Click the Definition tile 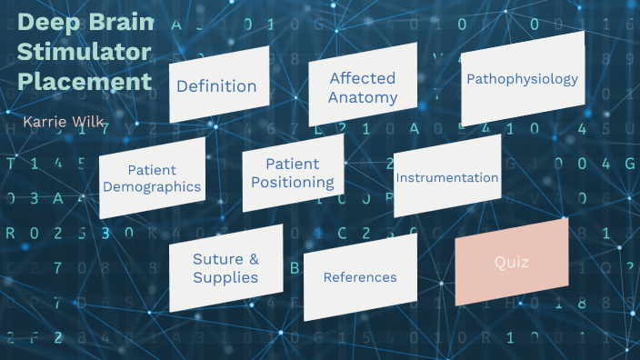[x=216, y=86]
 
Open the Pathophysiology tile [x=522, y=79]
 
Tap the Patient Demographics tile [x=152, y=178]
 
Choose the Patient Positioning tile [x=293, y=173]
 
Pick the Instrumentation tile [x=447, y=177]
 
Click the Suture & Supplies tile [x=225, y=268]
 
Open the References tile [x=360, y=277]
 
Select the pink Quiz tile [x=512, y=263]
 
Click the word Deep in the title [x=47, y=22]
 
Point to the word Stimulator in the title [x=84, y=52]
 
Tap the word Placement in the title [x=84, y=82]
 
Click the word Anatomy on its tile [x=363, y=97]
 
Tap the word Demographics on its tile [x=152, y=187]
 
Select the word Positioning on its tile [x=293, y=182]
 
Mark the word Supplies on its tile [x=225, y=277]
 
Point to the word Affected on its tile [x=363, y=78]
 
